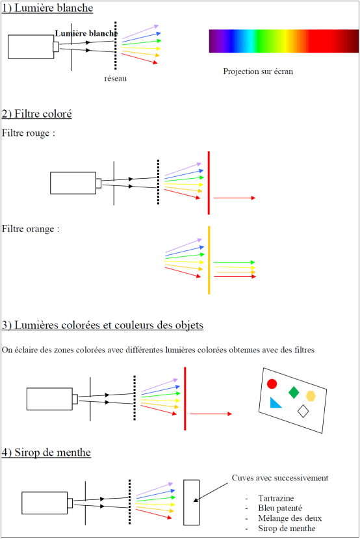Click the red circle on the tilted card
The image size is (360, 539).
[272, 384]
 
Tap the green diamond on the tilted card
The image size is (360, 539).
[294, 392]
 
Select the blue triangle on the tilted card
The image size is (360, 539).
[275, 403]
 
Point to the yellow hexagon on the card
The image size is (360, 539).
[311, 396]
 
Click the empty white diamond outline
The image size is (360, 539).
[303, 411]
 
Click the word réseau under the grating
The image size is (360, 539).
[116, 79]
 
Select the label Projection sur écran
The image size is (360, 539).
[258, 72]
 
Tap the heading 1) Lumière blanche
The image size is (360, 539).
[47, 8]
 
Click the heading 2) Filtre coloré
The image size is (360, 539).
[37, 114]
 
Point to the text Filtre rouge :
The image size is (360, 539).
[29, 133]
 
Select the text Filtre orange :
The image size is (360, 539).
[31, 229]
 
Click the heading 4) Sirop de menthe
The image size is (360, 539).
[46, 453]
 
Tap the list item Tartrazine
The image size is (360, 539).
[276, 498]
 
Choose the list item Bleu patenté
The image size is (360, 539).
[280, 508]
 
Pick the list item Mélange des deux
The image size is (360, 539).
[290, 518]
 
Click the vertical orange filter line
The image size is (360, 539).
[209, 260]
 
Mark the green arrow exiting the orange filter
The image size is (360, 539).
[235, 262]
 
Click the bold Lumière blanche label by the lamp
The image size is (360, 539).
[86, 33]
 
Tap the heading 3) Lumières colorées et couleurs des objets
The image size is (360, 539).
[103, 325]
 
